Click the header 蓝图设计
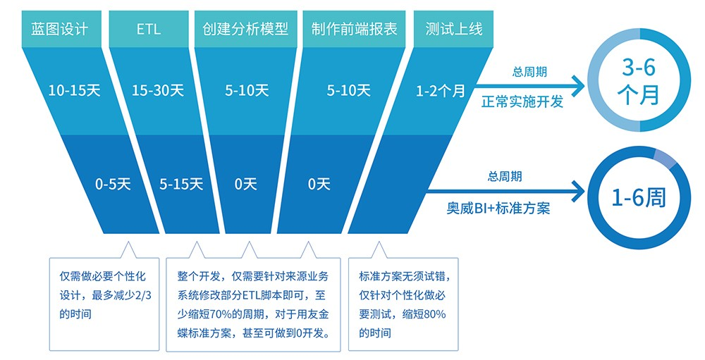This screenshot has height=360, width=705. pos(61,30)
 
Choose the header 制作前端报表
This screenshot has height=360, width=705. pos(353,30)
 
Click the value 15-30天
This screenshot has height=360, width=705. pos(158,90)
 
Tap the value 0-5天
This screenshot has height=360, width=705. pos(114,185)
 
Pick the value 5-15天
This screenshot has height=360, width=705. pos(181,185)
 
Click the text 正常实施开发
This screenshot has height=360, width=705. pos(522,101)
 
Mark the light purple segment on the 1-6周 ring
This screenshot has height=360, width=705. pos(664,159)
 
